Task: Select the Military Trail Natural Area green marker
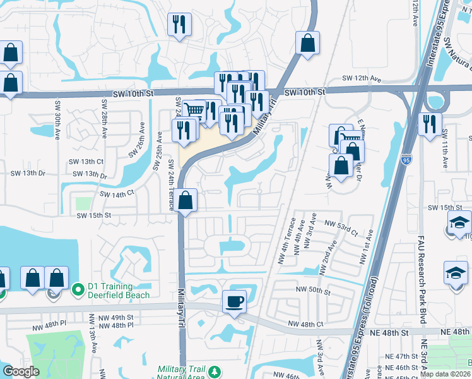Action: pyautogui.click(x=215, y=371)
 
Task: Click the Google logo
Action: pyautogui.click(x=20, y=371)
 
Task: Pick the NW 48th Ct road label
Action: pyautogui.click(x=305, y=324)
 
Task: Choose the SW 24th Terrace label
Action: pyautogui.click(x=171, y=183)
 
